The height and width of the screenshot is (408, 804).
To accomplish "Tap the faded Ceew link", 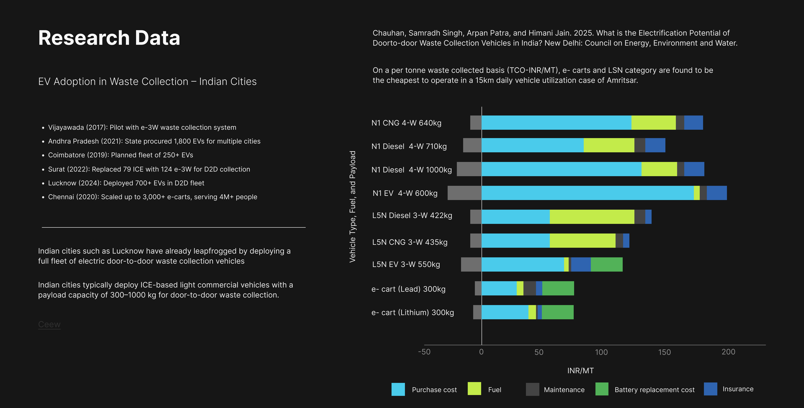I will (x=49, y=324).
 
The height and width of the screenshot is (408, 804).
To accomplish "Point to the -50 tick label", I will (x=424, y=352).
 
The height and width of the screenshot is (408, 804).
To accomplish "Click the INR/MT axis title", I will (x=580, y=371).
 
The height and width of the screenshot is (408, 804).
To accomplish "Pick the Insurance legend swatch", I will (x=710, y=389).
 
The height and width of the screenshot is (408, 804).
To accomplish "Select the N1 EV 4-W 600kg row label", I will (x=405, y=193).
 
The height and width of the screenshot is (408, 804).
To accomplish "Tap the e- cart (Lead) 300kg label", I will (x=408, y=289).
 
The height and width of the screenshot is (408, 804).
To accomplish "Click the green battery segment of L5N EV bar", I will (x=606, y=264).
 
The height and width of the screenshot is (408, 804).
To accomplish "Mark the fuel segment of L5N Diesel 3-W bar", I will (x=592, y=217).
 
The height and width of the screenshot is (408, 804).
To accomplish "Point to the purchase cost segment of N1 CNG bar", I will (x=556, y=123).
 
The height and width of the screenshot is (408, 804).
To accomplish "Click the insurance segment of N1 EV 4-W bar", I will (x=717, y=193).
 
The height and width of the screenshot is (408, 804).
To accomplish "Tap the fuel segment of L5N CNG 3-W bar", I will (x=582, y=241).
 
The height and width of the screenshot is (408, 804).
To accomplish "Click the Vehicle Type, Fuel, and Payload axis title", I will (x=352, y=207).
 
